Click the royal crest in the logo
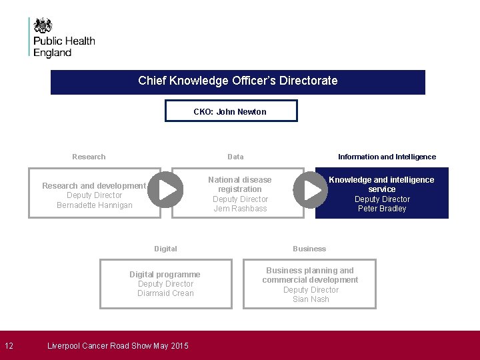pyautogui.click(x=43, y=25)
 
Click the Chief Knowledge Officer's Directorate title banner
pyautogui.click(x=238, y=81)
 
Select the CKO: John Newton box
pyautogui.click(x=231, y=111)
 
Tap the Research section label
pyautogui.click(x=89, y=157)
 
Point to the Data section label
pyautogui.click(x=235, y=157)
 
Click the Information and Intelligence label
pyautogui.click(x=387, y=157)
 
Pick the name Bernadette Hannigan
pyautogui.click(x=95, y=205)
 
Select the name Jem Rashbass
pyautogui.click(x=240, y=209)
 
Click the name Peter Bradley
pyautogui.click(x=382, y=209)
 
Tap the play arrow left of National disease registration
pyautogui.click(x=165, y=189)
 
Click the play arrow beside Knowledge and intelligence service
pyautogui.click(x=311, y=189)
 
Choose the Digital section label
pyautogui.click(x=165, y=249)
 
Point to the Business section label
pyautogui.click(x=309, y=249)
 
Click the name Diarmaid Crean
pyautogui.click(x=165, y=293)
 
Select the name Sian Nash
pyautogui.click(x=311, y=299)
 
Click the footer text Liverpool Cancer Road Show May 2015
pyautogui.click(x=118, y=345)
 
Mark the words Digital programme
pyautogui.click(x=165, y=274)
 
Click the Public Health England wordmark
pyautogui.click(x=64, y=47)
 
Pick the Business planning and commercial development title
pyautogui.click(x=310, y=275)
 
